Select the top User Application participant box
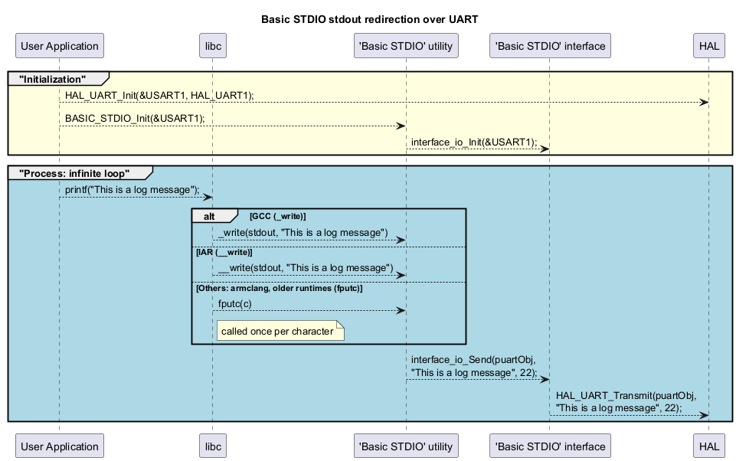point(60,46)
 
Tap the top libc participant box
point(212,46)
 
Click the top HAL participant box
point(708,46)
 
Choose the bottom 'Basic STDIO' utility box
point(406,446)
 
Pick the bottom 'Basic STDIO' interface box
point(549,446)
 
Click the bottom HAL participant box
point(708,446)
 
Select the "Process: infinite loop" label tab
point(75,173)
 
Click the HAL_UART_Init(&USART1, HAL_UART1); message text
point(159,96)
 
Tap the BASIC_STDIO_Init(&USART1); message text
point(134,119)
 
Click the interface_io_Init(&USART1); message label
point(473,142)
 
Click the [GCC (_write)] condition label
point(277,217)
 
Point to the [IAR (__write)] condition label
point(224,252)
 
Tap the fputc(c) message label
point(234,304)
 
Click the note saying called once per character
point(277,331)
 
